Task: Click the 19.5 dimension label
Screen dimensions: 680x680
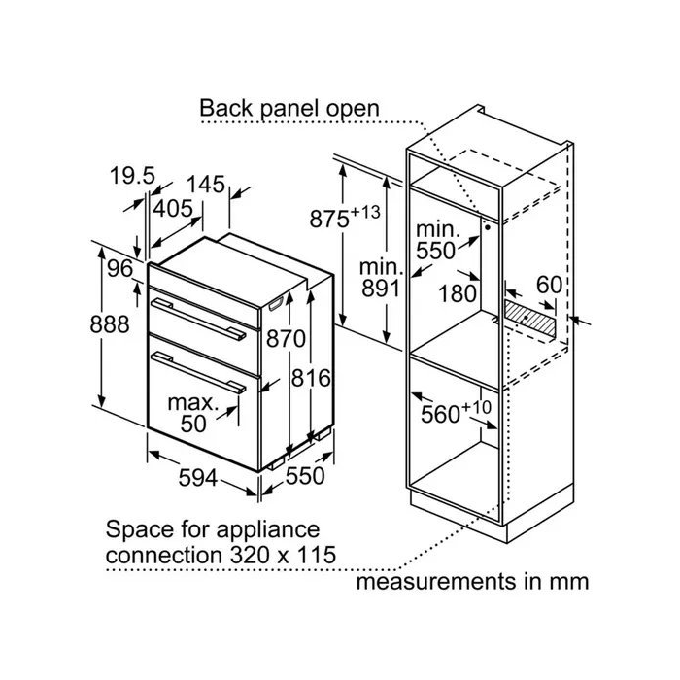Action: tap(133, 176)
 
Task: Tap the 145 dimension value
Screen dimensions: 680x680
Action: tap(207, 184)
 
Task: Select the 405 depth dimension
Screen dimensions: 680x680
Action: tap(174, 208)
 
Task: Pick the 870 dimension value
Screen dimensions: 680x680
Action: tap(287, 339)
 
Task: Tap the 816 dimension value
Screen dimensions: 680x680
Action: tap(313, 378)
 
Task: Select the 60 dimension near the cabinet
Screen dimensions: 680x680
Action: tap(550, 285)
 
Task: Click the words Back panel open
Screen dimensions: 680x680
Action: tap(289, 107)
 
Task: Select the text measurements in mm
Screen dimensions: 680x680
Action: tap(472, 582)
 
